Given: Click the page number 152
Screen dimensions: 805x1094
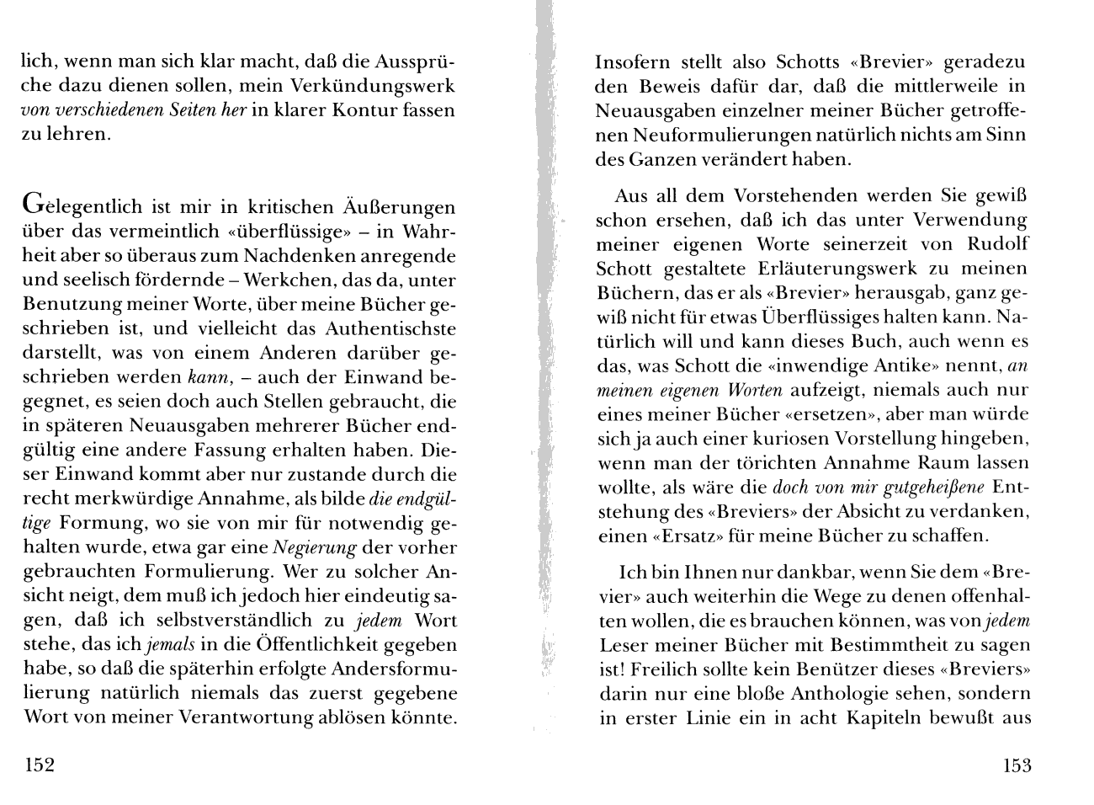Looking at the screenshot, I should pyautogui.click(x=40, y=765).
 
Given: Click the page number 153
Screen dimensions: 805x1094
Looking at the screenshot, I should pyautogui.click(x=1016, y=765).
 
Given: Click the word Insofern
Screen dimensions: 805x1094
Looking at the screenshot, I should pyautogui.click(x=632, y=62).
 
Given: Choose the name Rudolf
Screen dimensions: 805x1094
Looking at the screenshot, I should pyautogui.click(x=998, y=244).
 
